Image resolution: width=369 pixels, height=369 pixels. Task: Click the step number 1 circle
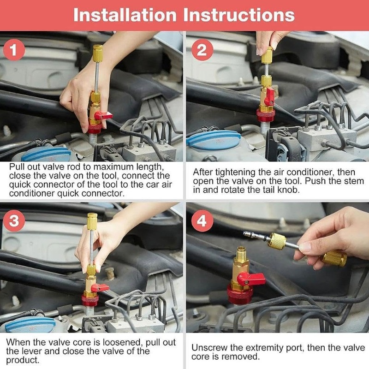14,50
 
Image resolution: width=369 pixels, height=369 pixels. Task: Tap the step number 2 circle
202,50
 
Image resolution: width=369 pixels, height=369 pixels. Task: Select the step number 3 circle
14,221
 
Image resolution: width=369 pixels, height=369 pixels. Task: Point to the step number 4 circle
202,221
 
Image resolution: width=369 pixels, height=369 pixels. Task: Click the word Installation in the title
125,15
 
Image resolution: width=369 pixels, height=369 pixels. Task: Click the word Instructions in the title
239,15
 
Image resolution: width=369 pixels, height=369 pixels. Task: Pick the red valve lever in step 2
269,96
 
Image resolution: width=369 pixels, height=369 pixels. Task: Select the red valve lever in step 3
100,287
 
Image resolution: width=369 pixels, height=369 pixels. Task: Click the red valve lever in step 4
251,280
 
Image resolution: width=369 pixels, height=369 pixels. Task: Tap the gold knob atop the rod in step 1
98,50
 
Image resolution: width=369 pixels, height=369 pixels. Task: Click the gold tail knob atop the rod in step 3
92,221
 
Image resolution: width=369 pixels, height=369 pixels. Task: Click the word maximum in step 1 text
112,167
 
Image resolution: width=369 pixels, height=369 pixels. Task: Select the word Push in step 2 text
316,181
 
